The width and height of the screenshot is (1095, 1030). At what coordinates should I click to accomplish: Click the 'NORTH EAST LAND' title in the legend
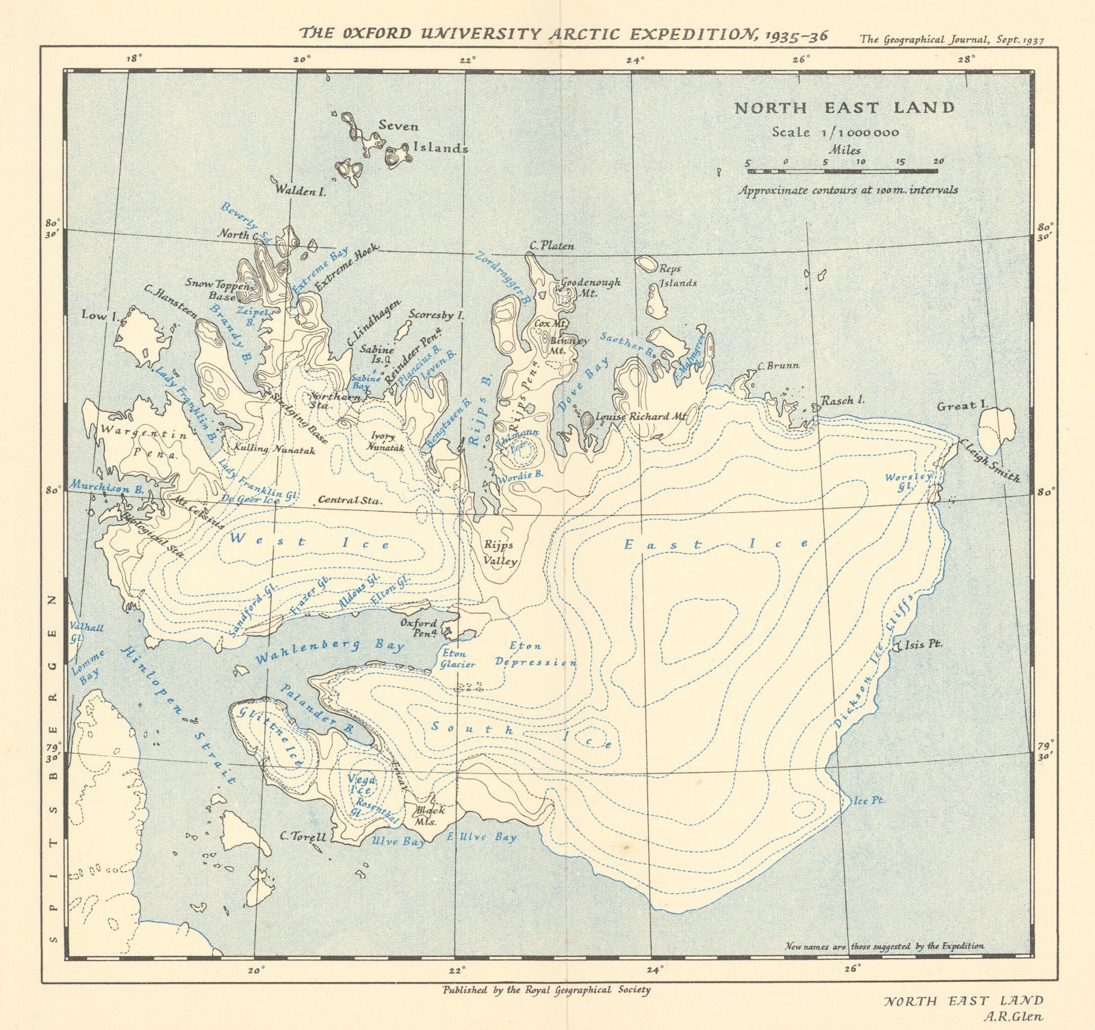845,107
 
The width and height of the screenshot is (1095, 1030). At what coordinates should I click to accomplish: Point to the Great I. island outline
999,427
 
